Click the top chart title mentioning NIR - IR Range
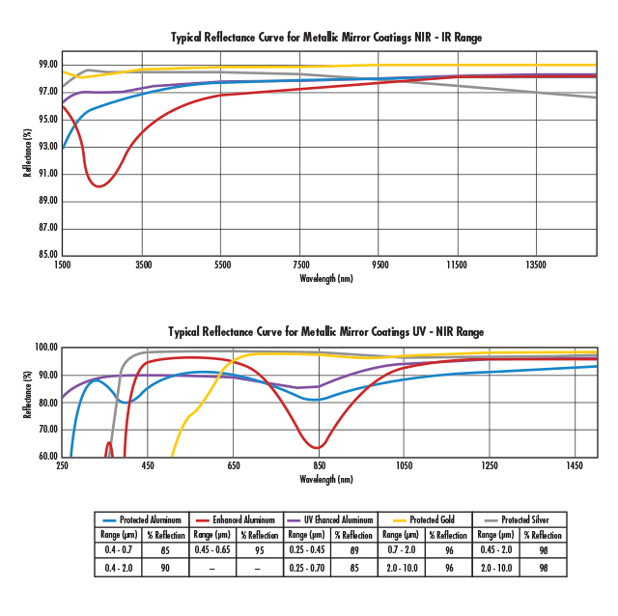[326, 38]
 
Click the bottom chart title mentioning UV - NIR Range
[326, 331]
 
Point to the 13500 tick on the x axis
[536, 264]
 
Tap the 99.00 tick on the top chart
[46, 65]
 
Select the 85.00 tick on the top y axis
[46, 255]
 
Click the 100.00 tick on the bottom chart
[44, 347]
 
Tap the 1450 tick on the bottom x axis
[576, 466]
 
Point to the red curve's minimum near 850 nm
[318, 448]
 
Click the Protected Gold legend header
[431, 519]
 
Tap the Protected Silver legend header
[525, 519]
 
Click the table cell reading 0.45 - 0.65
[212, 550]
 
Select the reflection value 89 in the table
[354, 550]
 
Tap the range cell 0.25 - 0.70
[307, 568]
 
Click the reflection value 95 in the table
[260, 550]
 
